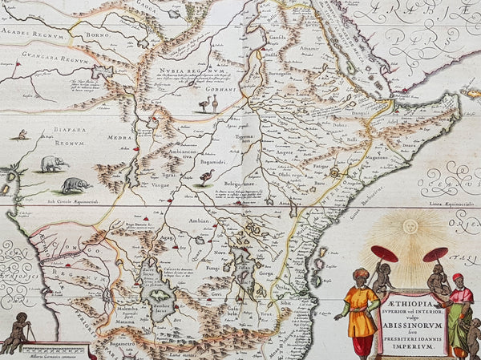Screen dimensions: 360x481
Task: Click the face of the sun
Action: (410, 226)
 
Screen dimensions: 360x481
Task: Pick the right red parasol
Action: (435, 254)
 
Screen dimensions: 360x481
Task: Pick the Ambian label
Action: (199, 221)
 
